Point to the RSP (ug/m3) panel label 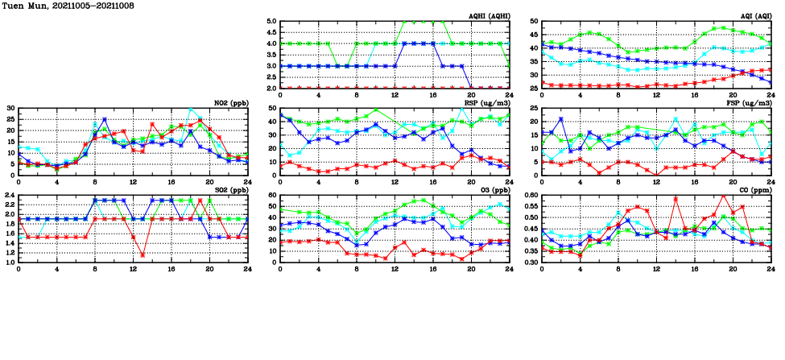pyautogui.click(x=485, y=103)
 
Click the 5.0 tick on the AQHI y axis pyautogui.click(x=272, y=22)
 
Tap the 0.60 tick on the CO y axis pyautogui.click(x=532, y=196)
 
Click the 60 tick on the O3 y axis pyautogui.click(x=272, y=196)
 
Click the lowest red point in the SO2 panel pyautogui.click(x=143, y=255)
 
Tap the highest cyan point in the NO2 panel pyautogui.click(x=191, y=110)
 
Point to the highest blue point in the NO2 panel pyautogui.click(x=105, y=119)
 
